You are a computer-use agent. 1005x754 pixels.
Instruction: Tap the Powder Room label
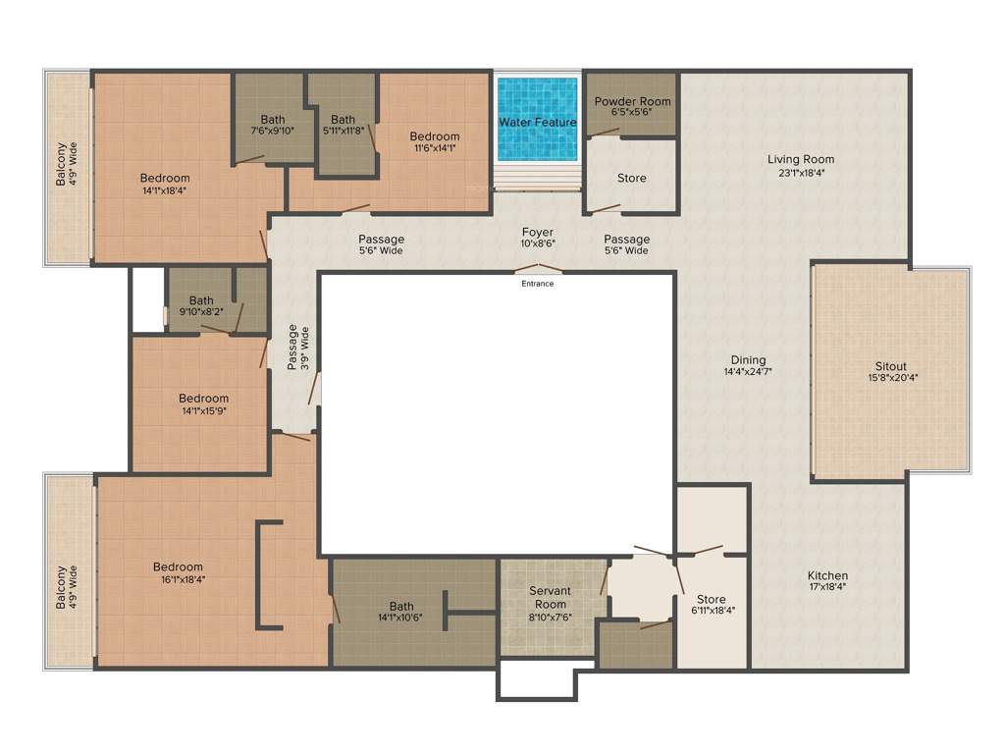pyautogui.click(x=632, y=101)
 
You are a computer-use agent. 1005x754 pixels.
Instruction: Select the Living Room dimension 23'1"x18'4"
pyautogui.click(x=801, y=174)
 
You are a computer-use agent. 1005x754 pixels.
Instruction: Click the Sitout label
pyautogui.click(x=891, y=366)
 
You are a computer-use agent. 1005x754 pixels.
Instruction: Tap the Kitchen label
pyautogui.click(x=827, y=575)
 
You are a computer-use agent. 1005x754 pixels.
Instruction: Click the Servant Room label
pyautogui.click(x=550, y=591)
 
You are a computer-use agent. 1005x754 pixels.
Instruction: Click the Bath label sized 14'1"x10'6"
pyautogui.click(x=400, y=606)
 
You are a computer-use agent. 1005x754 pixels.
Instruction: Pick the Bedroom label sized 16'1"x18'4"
pyautogui.click(x=178, y=566)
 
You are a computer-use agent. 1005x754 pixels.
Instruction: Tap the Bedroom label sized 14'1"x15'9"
pyautogui.click(x=203, y=398)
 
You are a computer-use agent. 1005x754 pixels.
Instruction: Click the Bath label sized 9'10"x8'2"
pyautogui.click(x=201, y=300)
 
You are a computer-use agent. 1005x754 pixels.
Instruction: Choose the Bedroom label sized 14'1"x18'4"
pyautogui.click(x=164, y=178)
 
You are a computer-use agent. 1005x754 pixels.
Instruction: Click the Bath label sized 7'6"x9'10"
pyautogui.click(x=273, y=120)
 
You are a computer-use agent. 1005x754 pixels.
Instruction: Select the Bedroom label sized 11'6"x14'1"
pyautogui.click(x=434, y=136)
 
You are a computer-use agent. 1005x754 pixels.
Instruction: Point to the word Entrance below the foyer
pyautogui.click(x=538, y=284)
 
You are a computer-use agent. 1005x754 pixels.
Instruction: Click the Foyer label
pyautogui.click(x=538, y=233)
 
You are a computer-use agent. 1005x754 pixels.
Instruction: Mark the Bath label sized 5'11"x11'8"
pyautogui.click(x=343, y=120)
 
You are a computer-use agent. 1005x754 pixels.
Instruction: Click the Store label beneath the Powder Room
pyautogui.click(x=631, y=178)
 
